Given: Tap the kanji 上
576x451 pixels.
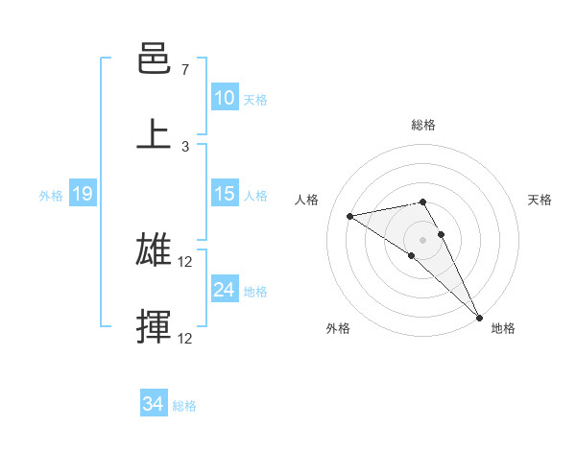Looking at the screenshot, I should (x=154, y=134).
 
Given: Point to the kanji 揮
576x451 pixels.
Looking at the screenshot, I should (x=154, y=326).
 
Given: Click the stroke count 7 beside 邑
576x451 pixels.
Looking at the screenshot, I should (x=184, y=70).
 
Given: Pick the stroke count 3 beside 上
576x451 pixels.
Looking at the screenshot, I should (x=184, y=146).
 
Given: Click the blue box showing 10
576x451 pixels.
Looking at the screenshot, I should (x=224, y=98).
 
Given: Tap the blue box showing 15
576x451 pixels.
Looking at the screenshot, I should (x=224, y=194).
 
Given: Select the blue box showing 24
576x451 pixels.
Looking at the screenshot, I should (x=224, y=290).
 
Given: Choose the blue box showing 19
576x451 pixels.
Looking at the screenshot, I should (x=82, y=194).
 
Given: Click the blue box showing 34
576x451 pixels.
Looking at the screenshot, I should (x=153, y=405).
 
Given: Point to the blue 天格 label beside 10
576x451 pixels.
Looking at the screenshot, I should (x=255, y=99).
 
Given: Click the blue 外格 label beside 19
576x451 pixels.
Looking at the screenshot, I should (x=51, y=195).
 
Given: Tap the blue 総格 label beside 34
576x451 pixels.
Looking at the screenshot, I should (x=184, y=406).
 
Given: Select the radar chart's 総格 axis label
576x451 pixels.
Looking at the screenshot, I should (x=423, y=125).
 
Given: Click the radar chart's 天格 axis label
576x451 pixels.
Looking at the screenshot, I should (x=540, y=200).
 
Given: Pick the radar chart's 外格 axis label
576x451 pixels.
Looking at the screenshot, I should (x=338, y=328).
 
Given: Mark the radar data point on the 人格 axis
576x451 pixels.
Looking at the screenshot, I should (x=350, y=216).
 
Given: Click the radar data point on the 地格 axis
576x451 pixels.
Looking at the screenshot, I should (x=479, y=317).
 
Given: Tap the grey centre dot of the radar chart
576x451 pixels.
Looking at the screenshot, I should (x=423, y=239).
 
